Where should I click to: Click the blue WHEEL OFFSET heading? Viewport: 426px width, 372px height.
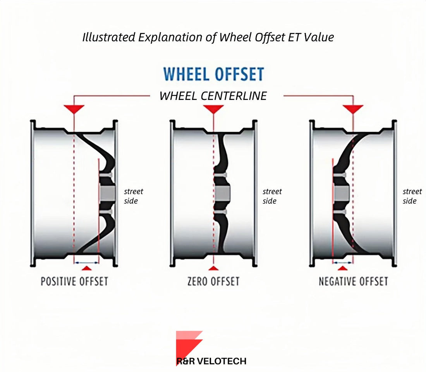pos(213,74)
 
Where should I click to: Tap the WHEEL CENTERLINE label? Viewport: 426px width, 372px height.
pos(213,96)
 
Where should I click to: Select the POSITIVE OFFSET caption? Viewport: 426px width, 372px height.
pos(74,281)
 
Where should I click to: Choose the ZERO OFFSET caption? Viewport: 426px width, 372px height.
pos(213,281)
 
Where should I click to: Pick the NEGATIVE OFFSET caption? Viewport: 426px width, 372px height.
pos(353,281)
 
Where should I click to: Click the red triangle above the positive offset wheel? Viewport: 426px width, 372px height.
pos(74,108)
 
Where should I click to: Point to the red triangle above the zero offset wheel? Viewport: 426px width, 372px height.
pos(213,108)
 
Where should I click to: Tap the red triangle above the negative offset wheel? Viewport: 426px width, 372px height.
pos(353,108)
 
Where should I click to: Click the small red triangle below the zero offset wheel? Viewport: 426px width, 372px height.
pos(213,268)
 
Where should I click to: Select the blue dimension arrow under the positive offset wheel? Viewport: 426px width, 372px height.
pos(86,262)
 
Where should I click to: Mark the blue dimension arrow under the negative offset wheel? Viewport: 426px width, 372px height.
pos(343,262)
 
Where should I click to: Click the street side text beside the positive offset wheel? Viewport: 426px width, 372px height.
pos(133,196)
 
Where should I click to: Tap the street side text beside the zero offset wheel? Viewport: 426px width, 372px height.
pos(272,196)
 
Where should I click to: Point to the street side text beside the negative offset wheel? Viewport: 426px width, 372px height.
pos(412,196)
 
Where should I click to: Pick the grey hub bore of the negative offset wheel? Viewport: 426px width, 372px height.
pos(341,192)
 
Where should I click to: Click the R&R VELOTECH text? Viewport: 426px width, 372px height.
pos(211,361)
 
